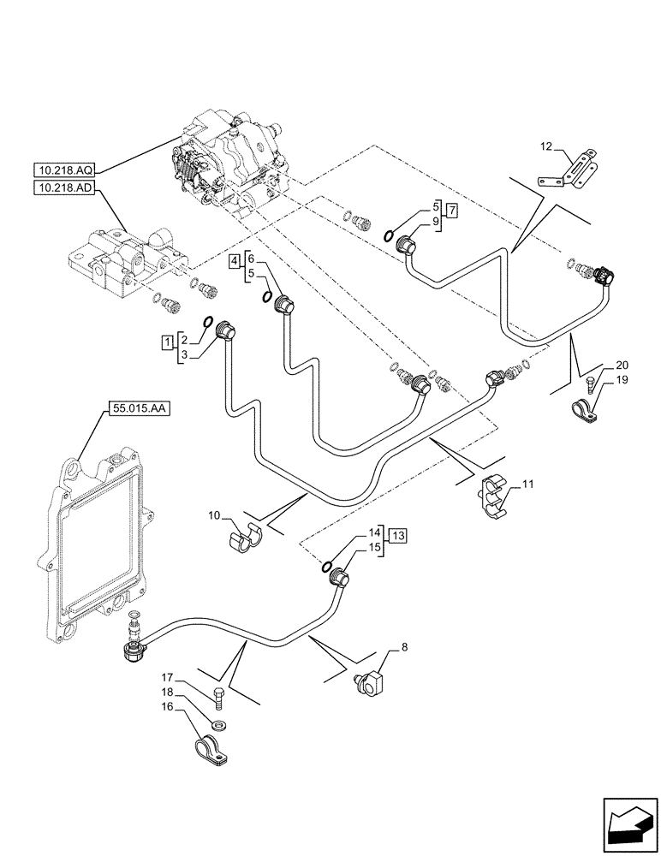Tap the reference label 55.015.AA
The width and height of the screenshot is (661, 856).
(x=140, y=409)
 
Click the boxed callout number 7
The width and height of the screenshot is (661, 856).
(x=452, y=211)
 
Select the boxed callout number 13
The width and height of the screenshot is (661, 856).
(x=398, y=536)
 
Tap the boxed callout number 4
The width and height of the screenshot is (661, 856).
(x=234, y=262)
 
